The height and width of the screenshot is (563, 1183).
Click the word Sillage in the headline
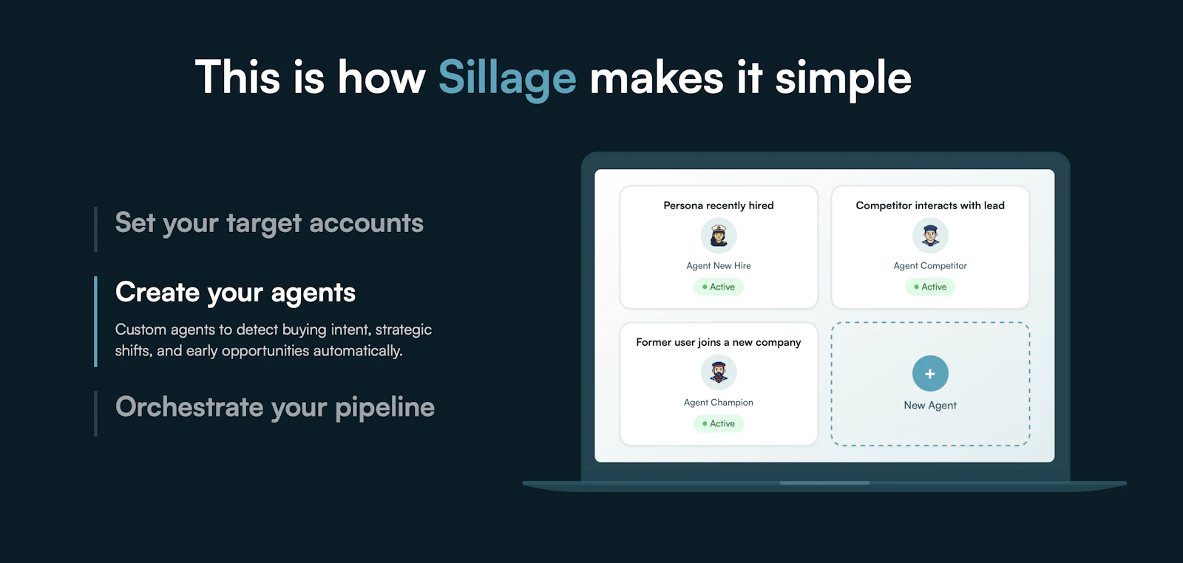click(507, 78)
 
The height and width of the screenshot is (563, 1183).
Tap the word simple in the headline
click(843, 78)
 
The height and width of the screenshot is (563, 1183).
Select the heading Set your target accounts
click(269, 223)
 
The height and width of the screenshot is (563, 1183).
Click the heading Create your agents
click(235, 293)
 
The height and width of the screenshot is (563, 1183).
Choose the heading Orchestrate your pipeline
click(275, 407)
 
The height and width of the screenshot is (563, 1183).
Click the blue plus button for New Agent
click(930, 374)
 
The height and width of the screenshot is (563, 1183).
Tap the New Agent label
click(930, 405)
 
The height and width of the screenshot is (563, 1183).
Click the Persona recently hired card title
click(718, 205)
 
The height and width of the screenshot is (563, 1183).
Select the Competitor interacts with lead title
click(930, 205)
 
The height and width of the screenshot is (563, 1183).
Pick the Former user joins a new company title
click(718, 342)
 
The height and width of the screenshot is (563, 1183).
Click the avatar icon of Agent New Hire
click(719, 236)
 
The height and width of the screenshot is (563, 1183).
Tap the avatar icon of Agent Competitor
click(930, 236)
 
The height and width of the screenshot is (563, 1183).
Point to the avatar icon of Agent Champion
click(719, 372)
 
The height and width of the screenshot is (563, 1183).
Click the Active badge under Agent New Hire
click(719, 287)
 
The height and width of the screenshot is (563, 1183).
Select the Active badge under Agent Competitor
click(930, 287)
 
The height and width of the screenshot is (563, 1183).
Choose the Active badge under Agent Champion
click(719, 423)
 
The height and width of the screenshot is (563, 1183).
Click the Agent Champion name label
click(718, 403)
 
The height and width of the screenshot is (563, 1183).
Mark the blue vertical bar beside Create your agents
click(96, 321)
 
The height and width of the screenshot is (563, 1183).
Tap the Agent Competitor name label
click(930, 266)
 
